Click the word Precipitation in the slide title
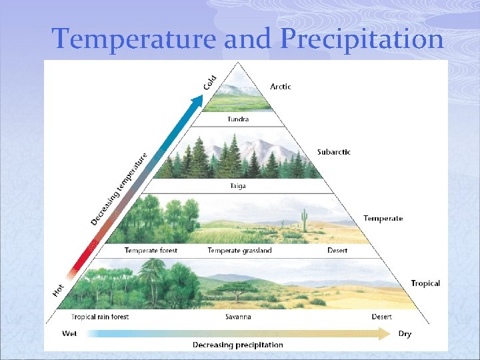point(362,39)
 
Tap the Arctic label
point(280,86)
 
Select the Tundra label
point(238,119)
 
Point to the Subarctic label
point(333,152)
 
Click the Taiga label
point(238,186)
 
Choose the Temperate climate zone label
point(383,219)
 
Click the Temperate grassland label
point(239,251)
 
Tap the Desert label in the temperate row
point(337,251)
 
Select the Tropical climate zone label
point(425,283)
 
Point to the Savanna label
point(238,317)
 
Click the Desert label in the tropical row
point(382,317)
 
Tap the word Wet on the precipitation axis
point(69,333)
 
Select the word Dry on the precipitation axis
point(405,334)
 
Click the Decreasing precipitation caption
point(238,345)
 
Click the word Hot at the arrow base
point(59,290)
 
